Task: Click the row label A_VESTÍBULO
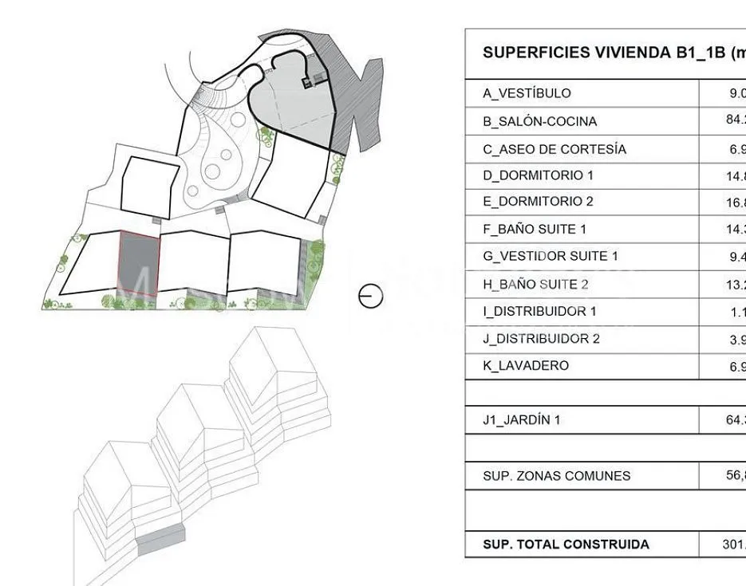pyautogui.click(x=527, y=93)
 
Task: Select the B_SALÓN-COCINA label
pyautogui.click(x=539, y=121)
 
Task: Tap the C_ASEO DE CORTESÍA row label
pyautogui.click(x=555, y=149)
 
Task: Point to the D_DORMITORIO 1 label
pyautogui.click(x=538, y=175)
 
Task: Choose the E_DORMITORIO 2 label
pyautogui.click(x=538, y=202)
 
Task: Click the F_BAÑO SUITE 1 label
pyautogui.click(x=535, y=230)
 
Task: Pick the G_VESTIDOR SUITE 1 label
pyautogui.click(x=551, y=256)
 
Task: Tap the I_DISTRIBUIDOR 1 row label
pyautogui.click(x=539, y=311)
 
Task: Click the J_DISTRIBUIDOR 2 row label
pyautogui.click(x=541, y=339)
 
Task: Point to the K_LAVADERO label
pyautogui.click(x=526, y=366)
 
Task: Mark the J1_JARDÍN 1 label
pyautogui.click(x=522, y=420)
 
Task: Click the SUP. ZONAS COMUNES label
pyautogui.click(x=557, y=476)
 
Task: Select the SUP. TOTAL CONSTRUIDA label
pyautogui.click(x=566, y=545)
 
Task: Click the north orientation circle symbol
pyautogui.click(x=371, y=297)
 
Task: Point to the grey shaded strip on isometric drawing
pyautogui.click(x=160, y=541)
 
